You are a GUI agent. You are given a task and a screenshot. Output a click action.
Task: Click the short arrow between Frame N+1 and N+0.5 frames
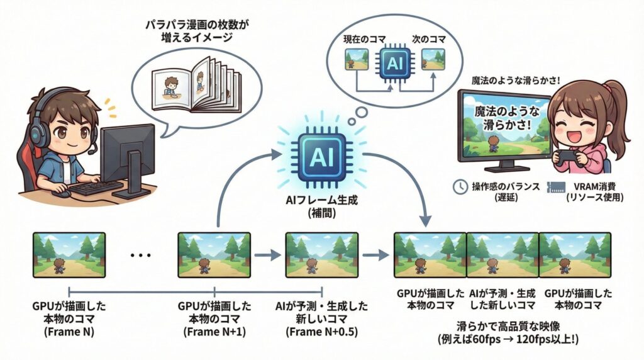(267, 255)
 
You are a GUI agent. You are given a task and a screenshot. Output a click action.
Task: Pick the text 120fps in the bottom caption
(533, 339)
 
